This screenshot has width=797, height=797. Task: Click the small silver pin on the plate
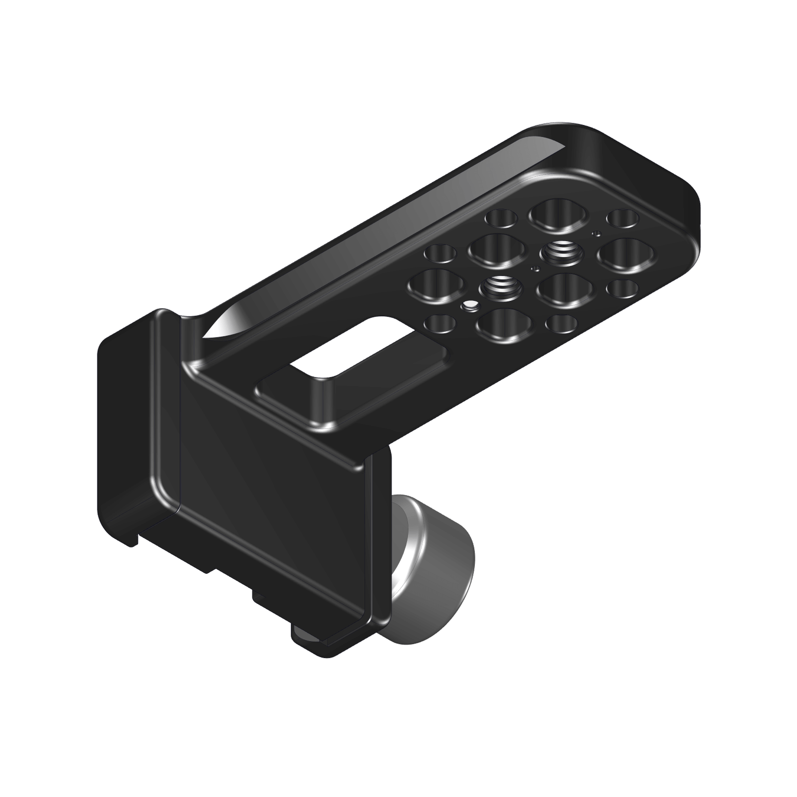469,305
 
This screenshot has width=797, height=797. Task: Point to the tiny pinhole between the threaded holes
535,269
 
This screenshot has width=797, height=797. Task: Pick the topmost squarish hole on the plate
557,214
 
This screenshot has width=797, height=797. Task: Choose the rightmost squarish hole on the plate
627,255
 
